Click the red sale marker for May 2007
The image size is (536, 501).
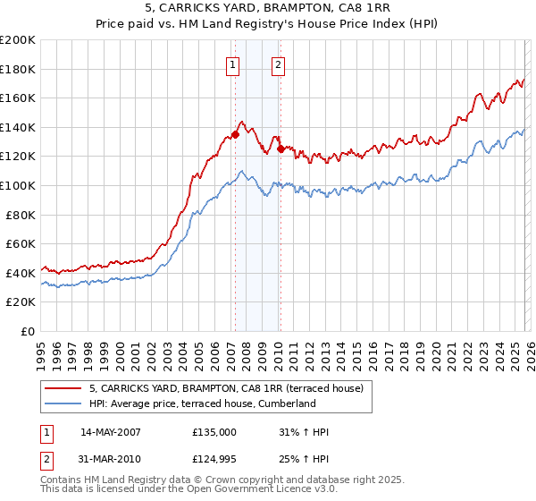tap(235, 134)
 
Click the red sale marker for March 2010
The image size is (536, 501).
tap(281, 149)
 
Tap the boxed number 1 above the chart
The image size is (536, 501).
tap(233, 64)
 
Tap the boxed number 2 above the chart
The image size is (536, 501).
tap(279, 64)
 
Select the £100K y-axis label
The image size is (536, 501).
tap(18, 185)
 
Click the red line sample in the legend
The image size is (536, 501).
tap(63, 389)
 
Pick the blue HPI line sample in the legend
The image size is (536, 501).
tap(63, 404)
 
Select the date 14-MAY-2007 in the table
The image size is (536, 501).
tap(111, 432)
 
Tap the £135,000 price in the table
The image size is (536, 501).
tap(214, 432)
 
